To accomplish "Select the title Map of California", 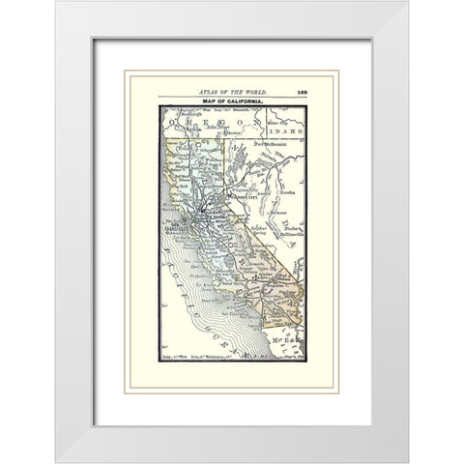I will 231,101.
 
